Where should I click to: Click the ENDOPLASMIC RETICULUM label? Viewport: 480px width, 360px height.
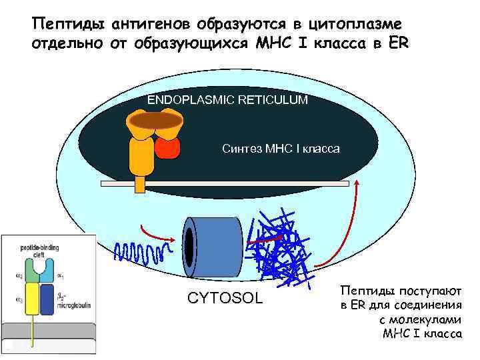[227, 100]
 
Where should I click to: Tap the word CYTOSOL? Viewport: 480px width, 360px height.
[225, 297]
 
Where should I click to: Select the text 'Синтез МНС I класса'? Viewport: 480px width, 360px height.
[280, 149]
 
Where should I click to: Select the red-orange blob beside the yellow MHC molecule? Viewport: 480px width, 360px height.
[168, 147]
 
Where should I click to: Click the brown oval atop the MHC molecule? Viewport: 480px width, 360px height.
[155, 120]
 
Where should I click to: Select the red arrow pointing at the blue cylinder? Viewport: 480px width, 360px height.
[159, 231]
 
